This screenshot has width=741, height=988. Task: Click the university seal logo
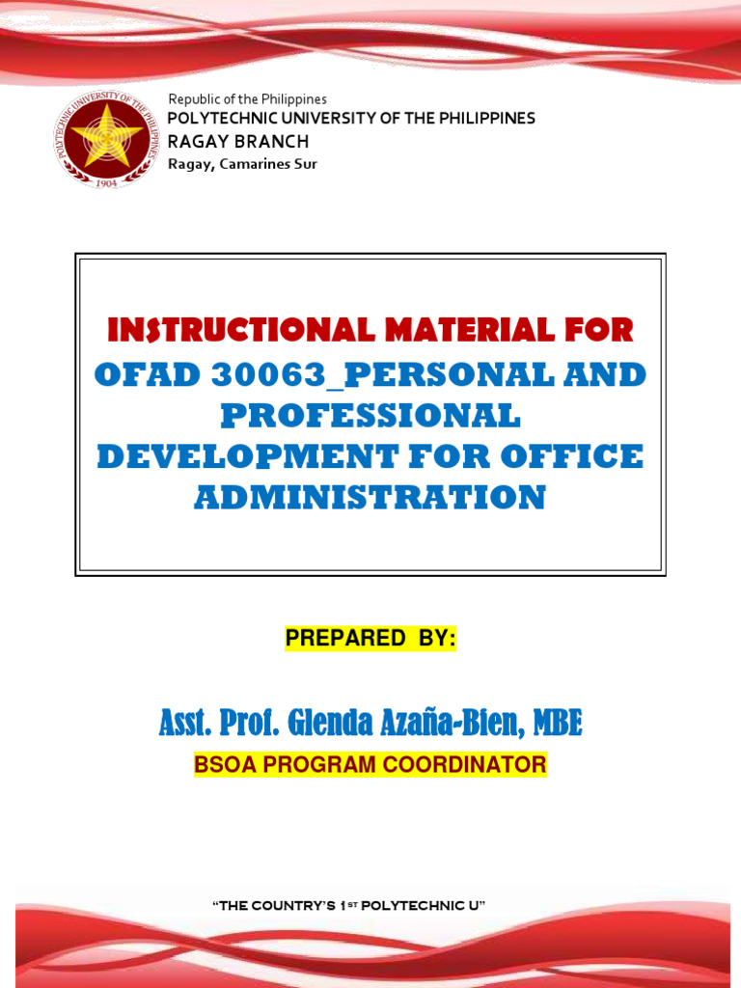(106, 140)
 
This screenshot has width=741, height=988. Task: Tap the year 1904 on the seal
(107, 182)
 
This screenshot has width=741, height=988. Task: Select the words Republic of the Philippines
(247, 99)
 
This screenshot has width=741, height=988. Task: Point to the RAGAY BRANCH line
(238, 142)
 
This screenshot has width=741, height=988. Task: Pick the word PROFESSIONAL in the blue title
(370, 416)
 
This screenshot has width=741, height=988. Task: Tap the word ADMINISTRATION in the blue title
(370, 498)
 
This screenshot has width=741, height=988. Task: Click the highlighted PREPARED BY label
(370, 639)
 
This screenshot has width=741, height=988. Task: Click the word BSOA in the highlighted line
(223, 766)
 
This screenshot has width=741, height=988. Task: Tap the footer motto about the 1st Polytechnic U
(347, 906)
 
